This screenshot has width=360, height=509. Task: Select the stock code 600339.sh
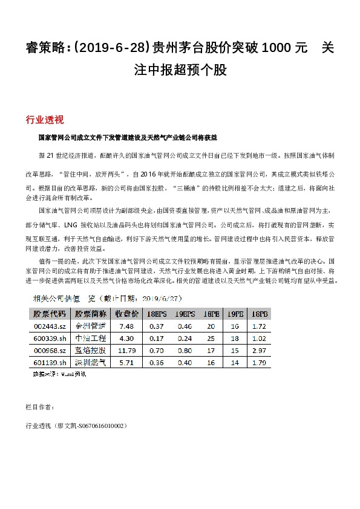pos(48,338)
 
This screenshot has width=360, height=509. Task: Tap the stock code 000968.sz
pos(48,350)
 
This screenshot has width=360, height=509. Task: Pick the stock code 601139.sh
pos(48,362)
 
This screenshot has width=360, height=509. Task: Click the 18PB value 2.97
pos(258,350)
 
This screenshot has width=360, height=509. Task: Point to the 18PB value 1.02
pos(258,338)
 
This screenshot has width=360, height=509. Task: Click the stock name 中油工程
pos(90,338)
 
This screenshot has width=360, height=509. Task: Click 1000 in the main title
pos(281,47)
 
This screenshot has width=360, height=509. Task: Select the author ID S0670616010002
pos(96,426)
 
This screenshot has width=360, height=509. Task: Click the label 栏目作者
pos(39,407)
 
